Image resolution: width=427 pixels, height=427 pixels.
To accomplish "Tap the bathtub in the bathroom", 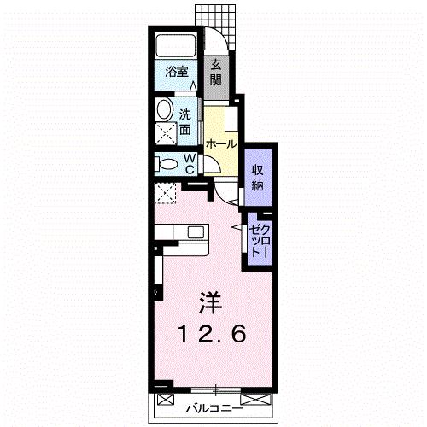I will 177,46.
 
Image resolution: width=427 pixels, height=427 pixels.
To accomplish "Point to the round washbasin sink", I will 163,109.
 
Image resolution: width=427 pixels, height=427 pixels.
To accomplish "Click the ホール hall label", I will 220,144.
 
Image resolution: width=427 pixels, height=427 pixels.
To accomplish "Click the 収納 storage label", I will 256,178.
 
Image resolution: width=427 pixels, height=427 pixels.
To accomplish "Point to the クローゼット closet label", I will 259,241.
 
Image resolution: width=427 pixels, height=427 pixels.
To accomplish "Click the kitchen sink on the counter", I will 196,231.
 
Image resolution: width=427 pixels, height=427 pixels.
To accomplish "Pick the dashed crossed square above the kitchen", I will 165,194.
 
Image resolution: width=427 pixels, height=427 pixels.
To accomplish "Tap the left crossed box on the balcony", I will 166,399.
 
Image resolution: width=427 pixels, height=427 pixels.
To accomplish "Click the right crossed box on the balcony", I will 257,399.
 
